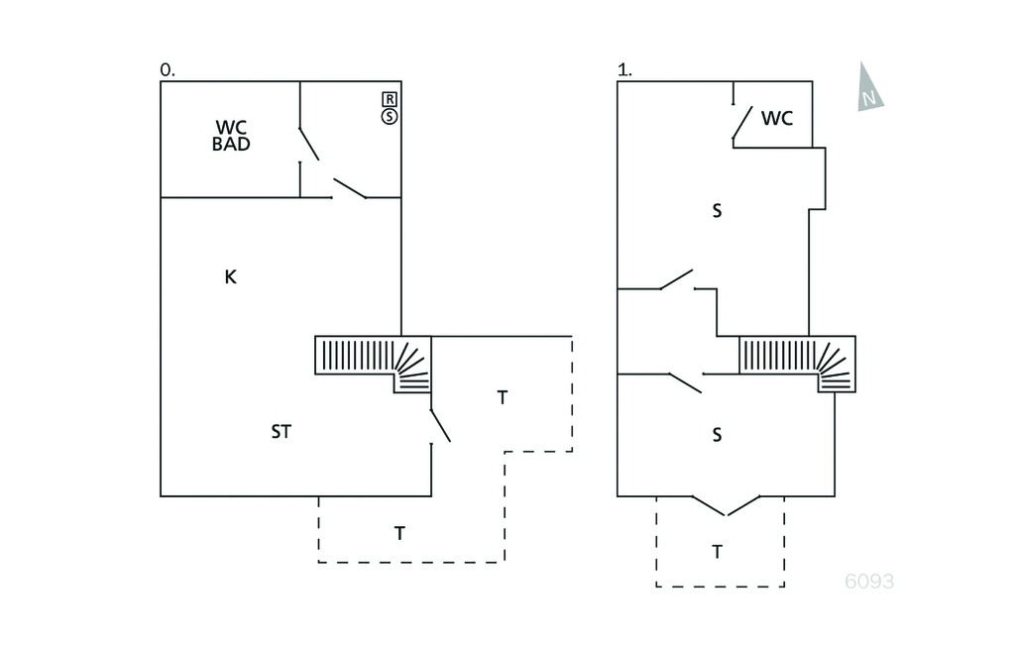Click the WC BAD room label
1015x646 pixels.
click(231, 136)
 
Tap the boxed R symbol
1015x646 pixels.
click(390, 99)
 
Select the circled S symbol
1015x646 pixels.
click(390, 117)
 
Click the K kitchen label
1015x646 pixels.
click(230, 277)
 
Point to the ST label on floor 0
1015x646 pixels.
click(282, 432)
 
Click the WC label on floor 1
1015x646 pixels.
click(777, 119)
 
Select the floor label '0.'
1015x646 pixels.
click(167, 70)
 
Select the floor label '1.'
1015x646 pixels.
click(623, 70)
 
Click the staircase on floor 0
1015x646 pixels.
click(373, 361)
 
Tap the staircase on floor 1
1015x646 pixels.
click(797, 362)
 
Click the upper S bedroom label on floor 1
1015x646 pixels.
click(717, 211)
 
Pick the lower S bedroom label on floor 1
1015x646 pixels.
click(717, 435)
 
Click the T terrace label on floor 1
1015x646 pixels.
click(717, 552)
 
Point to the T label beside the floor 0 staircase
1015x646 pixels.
click(503, 398)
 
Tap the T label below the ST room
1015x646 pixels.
click(399, 534)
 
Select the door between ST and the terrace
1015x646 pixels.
click(439, 425)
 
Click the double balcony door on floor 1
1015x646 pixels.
click(727, 506)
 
